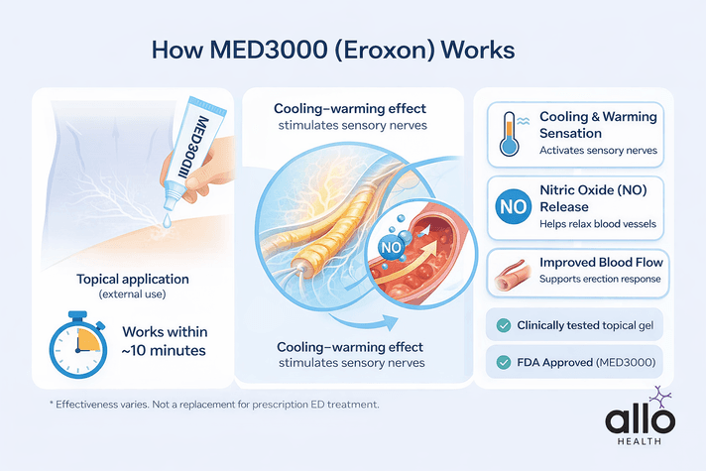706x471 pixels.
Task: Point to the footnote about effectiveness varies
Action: [x=213, y=406]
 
